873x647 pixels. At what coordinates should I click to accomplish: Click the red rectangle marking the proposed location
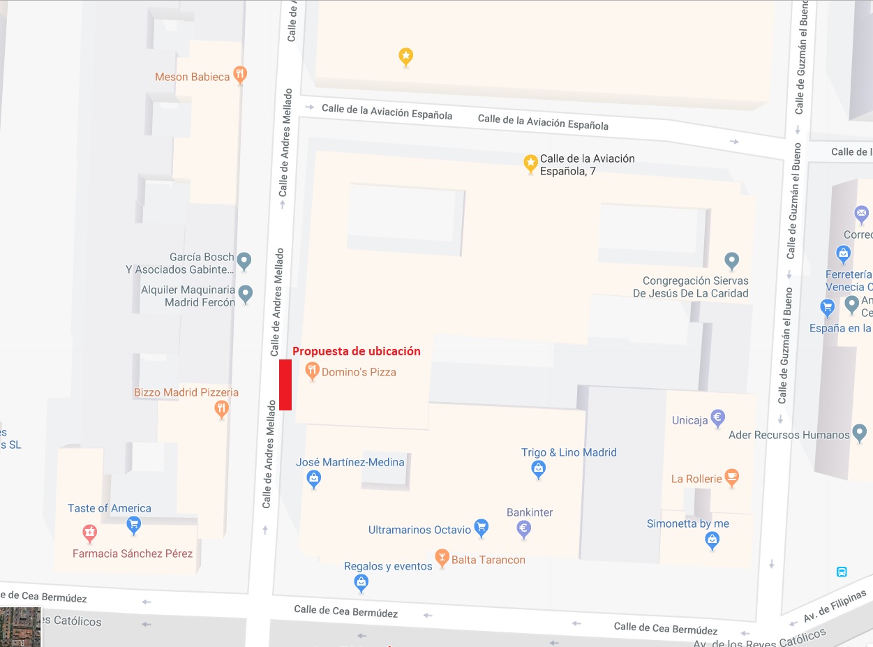pos(285,385)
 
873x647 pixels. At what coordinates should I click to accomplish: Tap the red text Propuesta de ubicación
pos(356,351)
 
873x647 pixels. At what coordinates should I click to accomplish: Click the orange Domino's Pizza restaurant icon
pos(312,371)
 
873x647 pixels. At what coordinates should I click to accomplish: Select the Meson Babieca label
pos(192,77)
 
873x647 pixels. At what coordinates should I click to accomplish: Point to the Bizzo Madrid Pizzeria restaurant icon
pos(221,408)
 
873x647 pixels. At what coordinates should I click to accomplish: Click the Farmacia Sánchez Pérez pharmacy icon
pos(89,534)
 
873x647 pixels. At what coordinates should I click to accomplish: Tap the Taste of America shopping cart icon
pos(133,523)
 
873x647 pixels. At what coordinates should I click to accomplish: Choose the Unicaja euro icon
pos(717,418)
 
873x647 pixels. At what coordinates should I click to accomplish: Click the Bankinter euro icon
pos(524,529)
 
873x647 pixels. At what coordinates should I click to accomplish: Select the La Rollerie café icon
pos(731,477)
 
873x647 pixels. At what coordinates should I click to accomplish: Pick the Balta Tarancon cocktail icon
pos(441,557)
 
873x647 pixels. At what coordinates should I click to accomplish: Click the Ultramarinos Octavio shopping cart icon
pos(481,528)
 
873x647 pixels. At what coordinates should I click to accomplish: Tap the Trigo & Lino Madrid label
pos(569,452)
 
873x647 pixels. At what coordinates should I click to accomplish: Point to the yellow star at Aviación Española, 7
pos(530,163)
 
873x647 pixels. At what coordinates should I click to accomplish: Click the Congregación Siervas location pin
pos(731,261)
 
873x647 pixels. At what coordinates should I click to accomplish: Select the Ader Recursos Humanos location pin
pos(860,433)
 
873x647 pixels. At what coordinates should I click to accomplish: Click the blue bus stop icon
pos(842,572)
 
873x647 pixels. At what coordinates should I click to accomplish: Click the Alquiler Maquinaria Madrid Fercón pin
pos(245,294)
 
